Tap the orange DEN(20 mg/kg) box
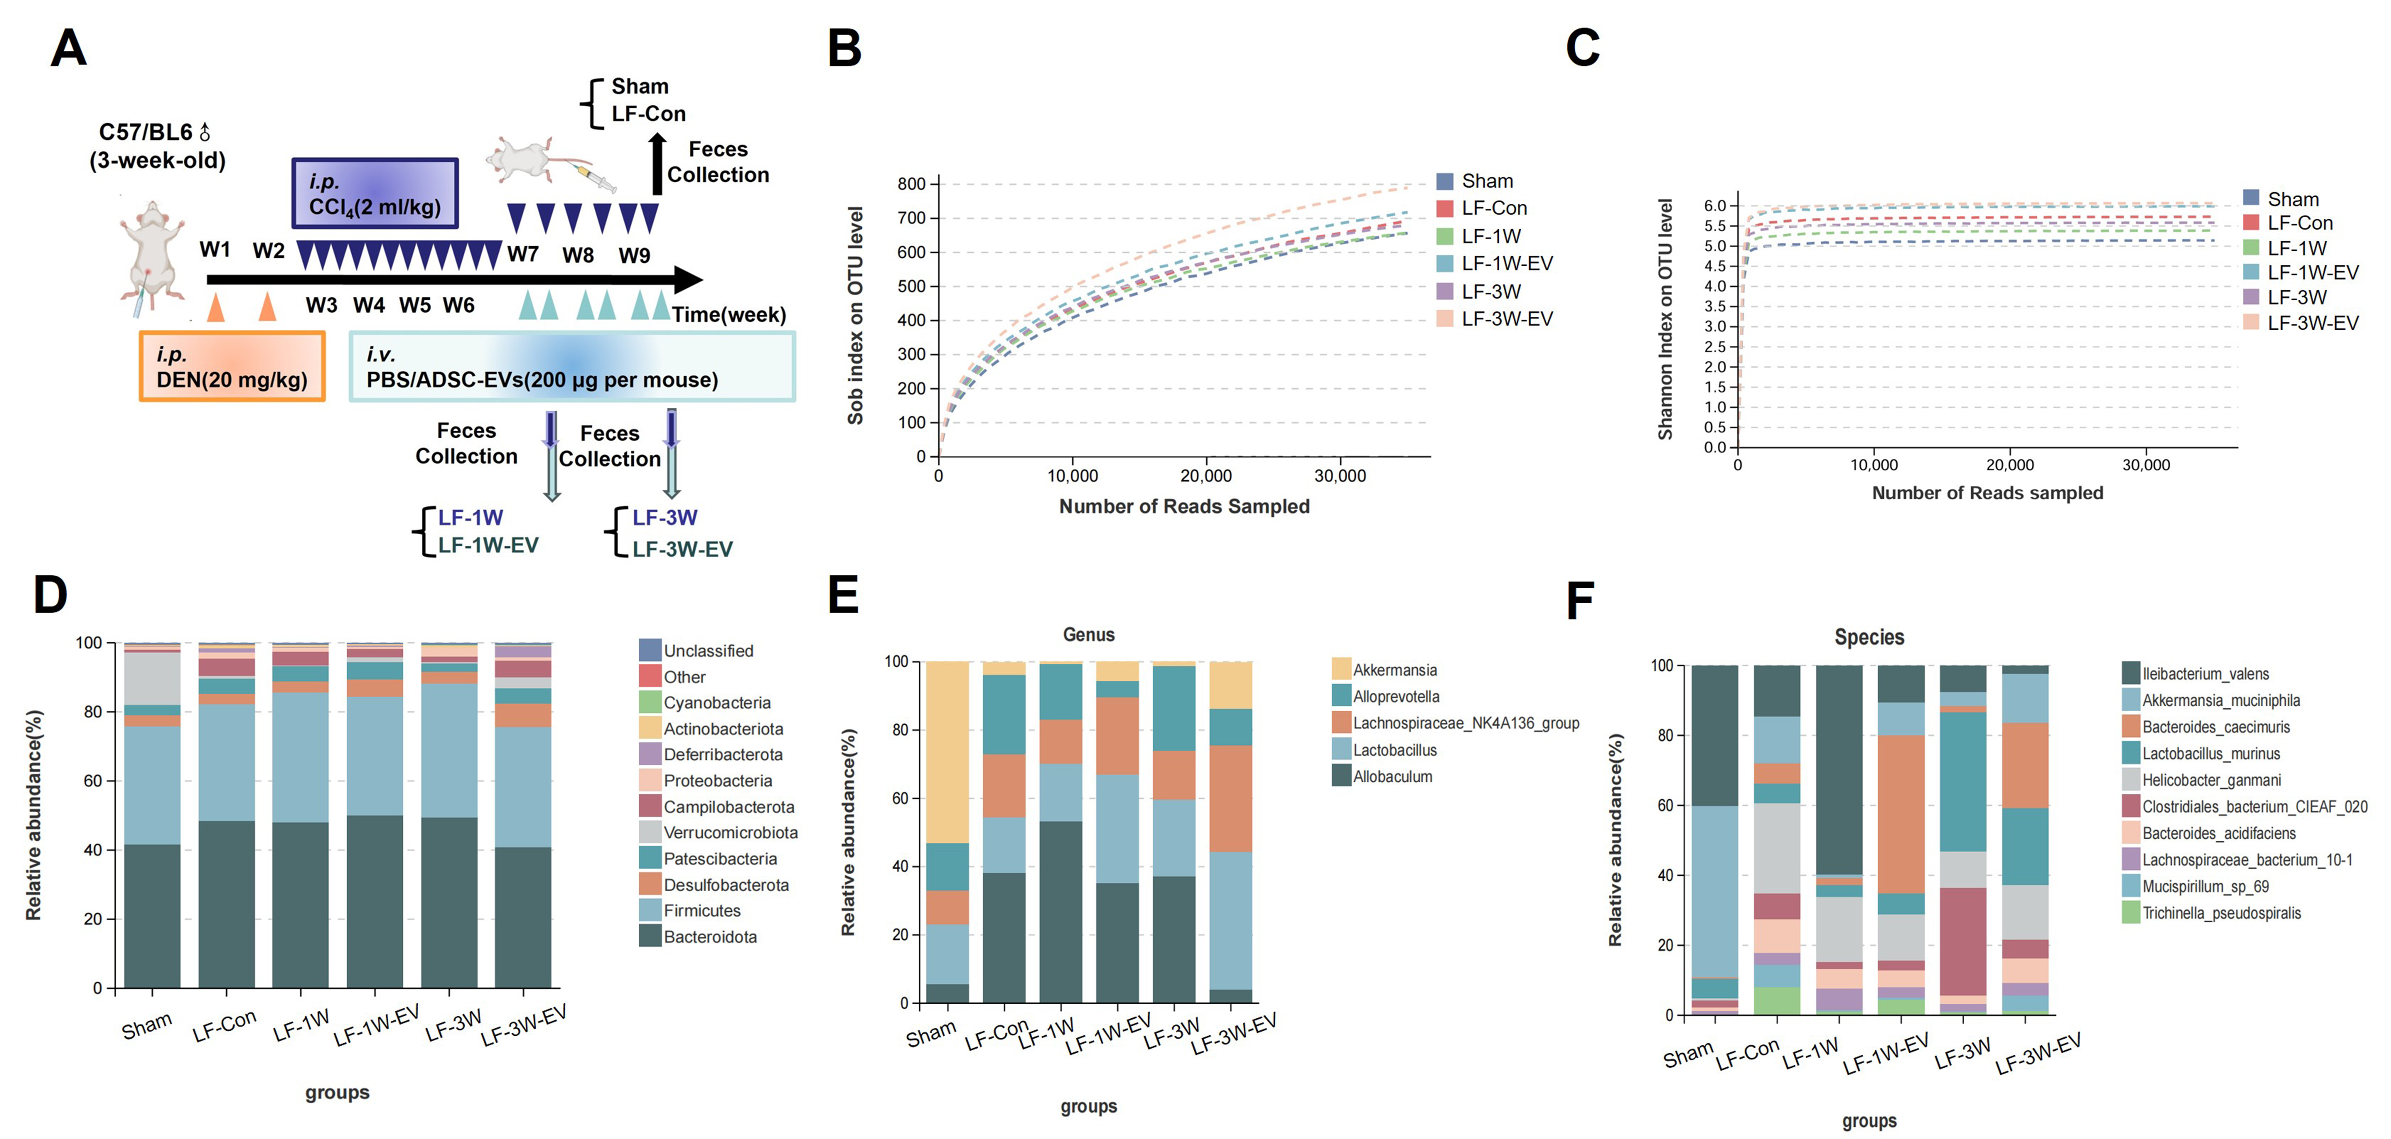pos(232,367)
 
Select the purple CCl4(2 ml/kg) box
pos(375,193)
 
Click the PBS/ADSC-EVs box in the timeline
pos(572,367)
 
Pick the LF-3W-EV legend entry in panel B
pos(1494,318)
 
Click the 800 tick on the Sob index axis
pos(911,184)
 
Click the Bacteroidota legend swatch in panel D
pos(650,936)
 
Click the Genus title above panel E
pos(1088,635)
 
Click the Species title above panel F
pos(1868,637)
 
